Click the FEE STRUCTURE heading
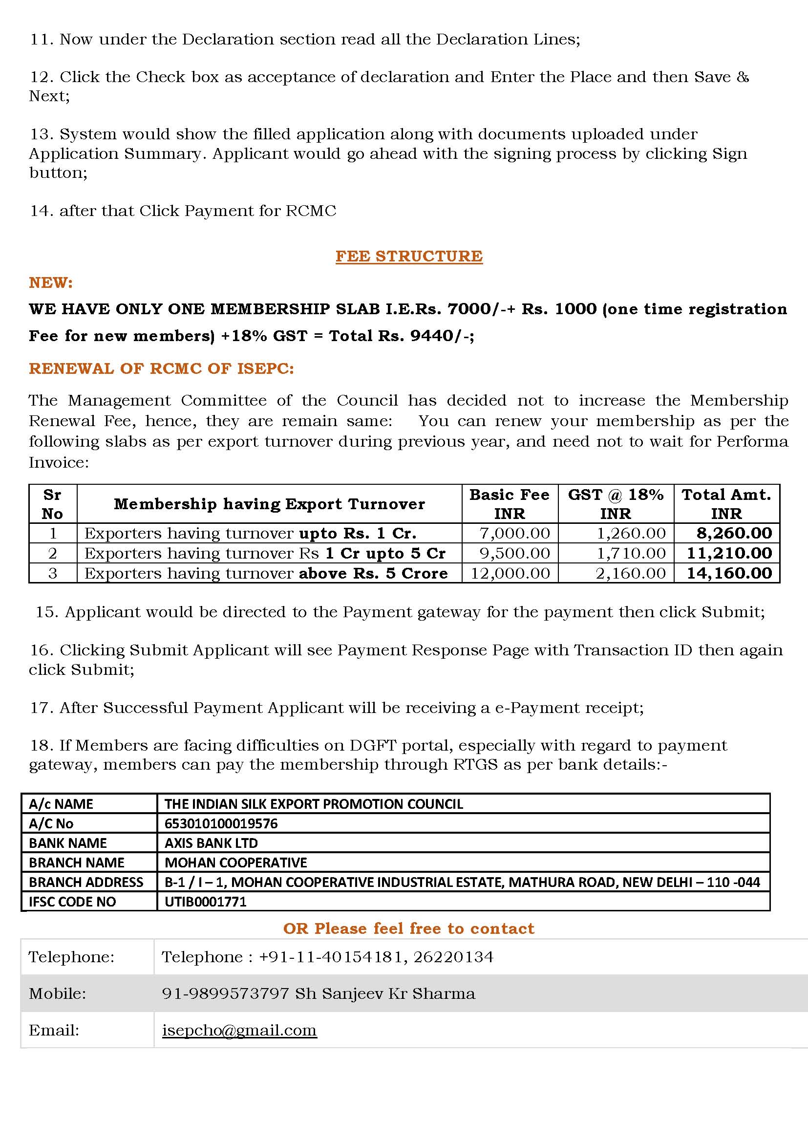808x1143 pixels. click(408, 256)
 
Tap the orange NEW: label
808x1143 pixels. click(51, 283)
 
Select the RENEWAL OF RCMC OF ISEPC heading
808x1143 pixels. click(161, 368)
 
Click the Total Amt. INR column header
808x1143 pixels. click(726, 504)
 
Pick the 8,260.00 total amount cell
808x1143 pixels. click(734, 533)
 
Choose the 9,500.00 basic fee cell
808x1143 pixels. click(514, 553)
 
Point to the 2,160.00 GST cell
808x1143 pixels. click(630, 574)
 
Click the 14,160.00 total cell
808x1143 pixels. click(729, 574)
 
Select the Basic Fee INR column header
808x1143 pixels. click(509, 504)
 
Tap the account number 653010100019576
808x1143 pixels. click(221, 823)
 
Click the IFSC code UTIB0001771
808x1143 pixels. click(206, 902)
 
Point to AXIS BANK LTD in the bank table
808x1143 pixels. click(211, 843)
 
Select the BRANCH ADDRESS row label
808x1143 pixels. click(86, 882)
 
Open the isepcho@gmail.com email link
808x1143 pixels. click(239, 1030)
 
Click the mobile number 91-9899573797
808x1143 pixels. click(225, 993)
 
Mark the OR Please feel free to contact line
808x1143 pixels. click(408, 928)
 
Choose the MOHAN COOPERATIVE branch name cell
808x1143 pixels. click(235, 862)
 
